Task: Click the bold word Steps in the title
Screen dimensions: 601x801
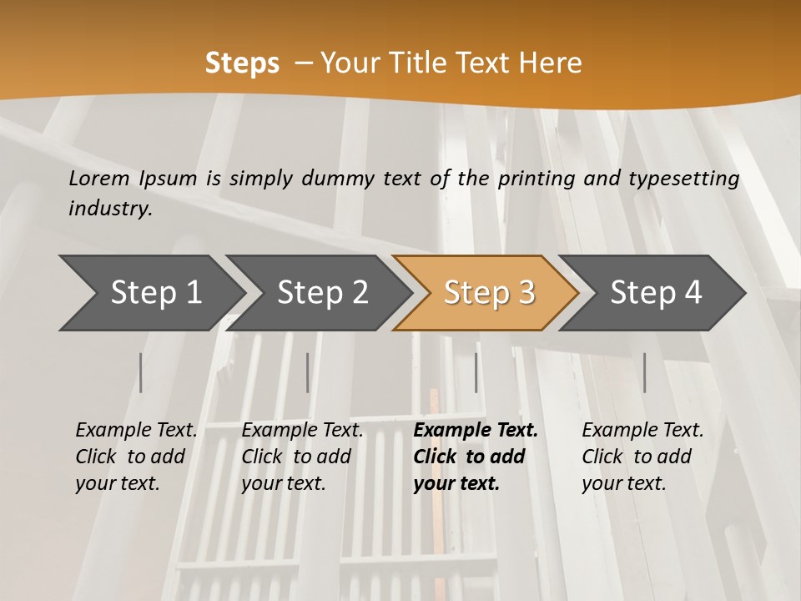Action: [242, 63]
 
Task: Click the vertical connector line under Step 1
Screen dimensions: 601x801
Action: [141, 372]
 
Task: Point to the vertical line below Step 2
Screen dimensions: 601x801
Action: [308, 372]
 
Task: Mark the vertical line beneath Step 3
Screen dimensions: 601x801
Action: [476, 372]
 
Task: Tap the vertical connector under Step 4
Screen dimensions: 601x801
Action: [644, 372]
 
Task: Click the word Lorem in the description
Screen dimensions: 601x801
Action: [98, 179]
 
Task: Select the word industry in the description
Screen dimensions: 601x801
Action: [110, 209]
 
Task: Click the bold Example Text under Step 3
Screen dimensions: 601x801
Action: [476, 431]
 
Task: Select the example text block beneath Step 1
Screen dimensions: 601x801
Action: [136, 457]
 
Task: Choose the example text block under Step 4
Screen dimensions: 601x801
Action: [642, 457]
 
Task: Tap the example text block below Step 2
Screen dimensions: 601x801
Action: [302, 457]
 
